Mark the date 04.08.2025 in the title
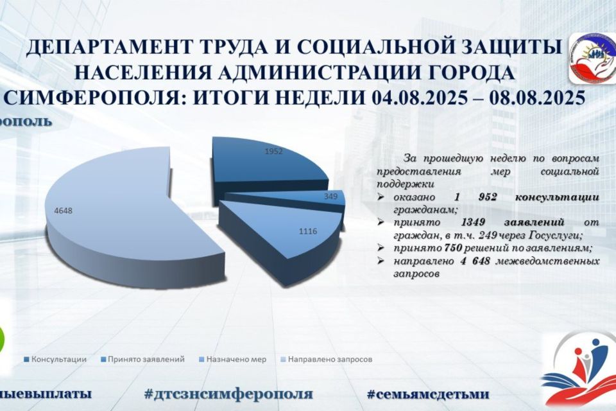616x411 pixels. point(418,99)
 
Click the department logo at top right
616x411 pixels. point(591,58)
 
